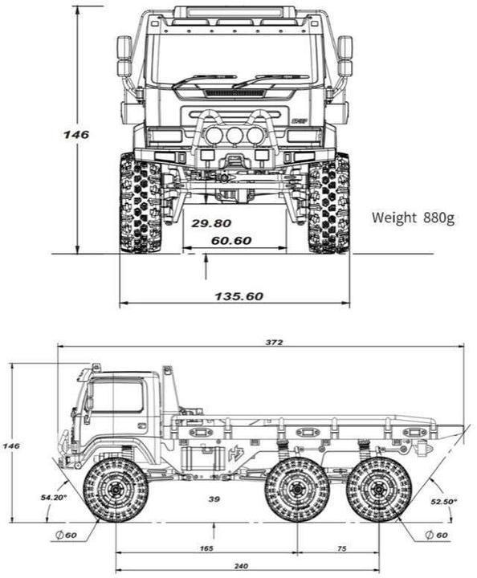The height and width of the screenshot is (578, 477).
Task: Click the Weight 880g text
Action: click(414, 218)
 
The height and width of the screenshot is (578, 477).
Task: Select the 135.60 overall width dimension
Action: click(238, 296)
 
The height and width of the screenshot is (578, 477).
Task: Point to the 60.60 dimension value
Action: click(231, 241)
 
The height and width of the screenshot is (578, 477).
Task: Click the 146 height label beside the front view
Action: click(76, 134)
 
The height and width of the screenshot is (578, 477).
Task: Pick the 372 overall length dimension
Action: click(274, 342)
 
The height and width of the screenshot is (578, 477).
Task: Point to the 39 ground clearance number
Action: click(214, 499)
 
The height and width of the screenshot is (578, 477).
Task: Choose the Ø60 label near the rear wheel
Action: click(435, 535)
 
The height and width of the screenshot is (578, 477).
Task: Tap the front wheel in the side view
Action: click(116, 490)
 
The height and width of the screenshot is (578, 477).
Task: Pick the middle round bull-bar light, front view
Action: click(234, 135)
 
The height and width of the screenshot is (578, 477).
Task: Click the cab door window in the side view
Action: click(118, 396)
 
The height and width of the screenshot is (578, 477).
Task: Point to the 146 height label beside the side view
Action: click(10, 445)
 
